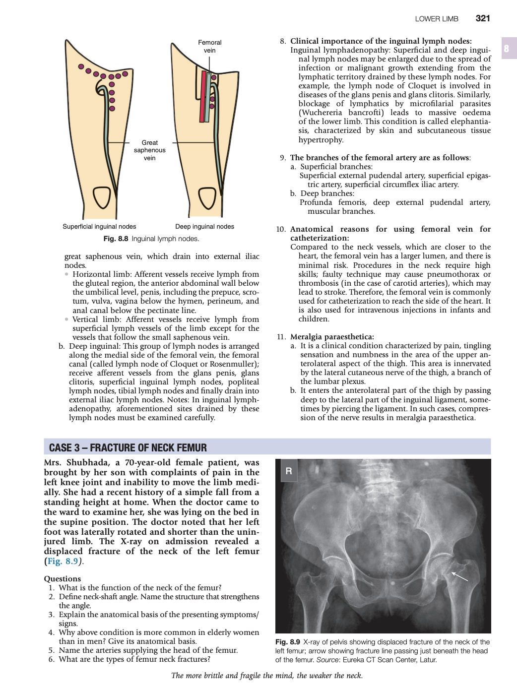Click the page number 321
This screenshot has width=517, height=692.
[x=482, y=18]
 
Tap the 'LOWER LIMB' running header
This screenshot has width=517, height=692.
[x=437, y=19]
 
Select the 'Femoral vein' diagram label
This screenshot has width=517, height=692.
[x=209, y=46]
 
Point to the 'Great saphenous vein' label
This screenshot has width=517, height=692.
[x=149, y=150]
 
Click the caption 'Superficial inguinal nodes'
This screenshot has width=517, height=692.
[x=99, y=227]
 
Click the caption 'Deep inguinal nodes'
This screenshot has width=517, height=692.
[x=204, y=227]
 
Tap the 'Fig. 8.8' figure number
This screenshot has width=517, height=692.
[x=116, y=239]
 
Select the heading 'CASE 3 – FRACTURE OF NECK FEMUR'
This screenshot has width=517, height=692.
[x=128, y=447]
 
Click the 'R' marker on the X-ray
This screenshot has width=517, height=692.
[x=289, y=471]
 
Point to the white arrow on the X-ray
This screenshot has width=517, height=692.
[x=459, y=576]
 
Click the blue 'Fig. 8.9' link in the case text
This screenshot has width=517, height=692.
[x=63, y=561]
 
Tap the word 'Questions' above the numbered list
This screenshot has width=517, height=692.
[x=62, y=578]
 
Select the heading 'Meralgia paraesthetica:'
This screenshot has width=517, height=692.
[x=332, y=337]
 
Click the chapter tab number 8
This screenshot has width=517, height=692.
[x=507, y=48]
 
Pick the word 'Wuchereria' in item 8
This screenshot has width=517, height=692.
[x=321, y=113]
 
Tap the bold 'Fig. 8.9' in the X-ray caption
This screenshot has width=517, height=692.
[x=288, y=642]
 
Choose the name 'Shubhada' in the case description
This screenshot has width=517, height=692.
[x=88, y=462]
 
